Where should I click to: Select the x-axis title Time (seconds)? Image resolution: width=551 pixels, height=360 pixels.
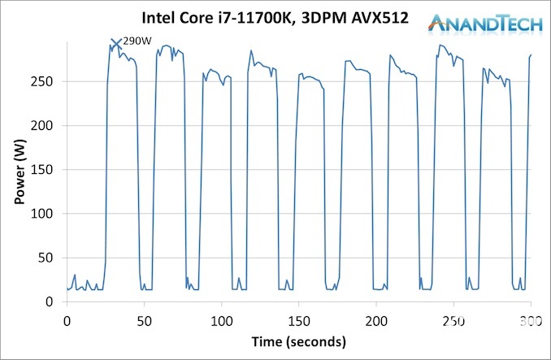[x=298, y=340]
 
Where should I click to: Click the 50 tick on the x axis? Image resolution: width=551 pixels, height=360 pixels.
[x=144, y=321]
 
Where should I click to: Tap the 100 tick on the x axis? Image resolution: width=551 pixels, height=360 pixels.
[x=221, y=321]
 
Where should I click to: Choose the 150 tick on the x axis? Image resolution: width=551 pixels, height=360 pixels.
[x=298, y=321]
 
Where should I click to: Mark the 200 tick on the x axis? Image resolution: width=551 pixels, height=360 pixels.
[x=376, y=321]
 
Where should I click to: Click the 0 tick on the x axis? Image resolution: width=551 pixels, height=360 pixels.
[x=67, y=321]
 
